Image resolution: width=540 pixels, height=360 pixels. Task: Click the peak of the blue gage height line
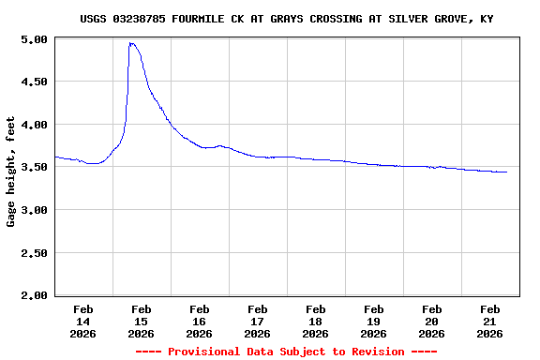tap(131, 43)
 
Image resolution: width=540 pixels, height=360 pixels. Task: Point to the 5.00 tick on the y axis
tap(35, 39)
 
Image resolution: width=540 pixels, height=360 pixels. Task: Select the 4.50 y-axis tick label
tap(35, 82)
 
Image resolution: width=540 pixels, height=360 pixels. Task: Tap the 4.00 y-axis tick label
tap(35, 125)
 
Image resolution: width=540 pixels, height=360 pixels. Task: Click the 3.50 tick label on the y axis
tap(35, 167)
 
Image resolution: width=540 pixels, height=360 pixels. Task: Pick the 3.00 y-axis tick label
tap(35, 210)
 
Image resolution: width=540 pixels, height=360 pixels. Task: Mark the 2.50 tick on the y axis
tap(35, 253)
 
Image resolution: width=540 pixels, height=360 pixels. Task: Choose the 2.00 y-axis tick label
tap(35, 295)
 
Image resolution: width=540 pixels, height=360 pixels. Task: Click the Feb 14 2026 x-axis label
tap(82, 321)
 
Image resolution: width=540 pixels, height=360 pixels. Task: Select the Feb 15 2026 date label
tap(141, 321)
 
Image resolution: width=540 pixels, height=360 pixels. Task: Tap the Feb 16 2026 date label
tap(199, 321)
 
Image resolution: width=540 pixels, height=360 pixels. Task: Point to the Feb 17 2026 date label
tap(257, 321)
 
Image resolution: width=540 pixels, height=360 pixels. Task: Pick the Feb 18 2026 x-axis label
tap(315, 321)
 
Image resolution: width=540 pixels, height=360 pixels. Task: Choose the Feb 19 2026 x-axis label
tap(373, 321)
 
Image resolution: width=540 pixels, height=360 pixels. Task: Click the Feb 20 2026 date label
tap(431, 321)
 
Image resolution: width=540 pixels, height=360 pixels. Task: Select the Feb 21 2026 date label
tap(489, 321)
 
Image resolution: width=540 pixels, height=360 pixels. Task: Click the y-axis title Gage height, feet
tap(11, 172)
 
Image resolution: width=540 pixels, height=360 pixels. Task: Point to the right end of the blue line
tap(506, 172)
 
